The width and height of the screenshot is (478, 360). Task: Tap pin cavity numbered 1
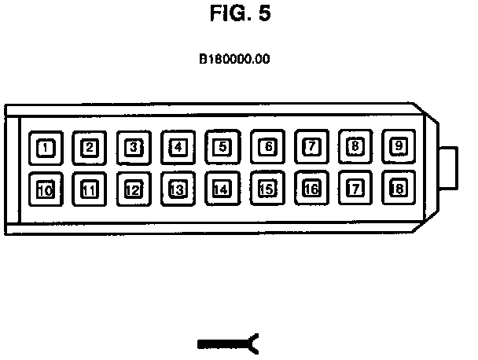coord(46,147)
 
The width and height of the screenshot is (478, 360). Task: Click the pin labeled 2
coord(90,146)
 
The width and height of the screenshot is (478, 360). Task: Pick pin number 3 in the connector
coord(134,146)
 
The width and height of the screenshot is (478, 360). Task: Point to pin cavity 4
coord(178,146)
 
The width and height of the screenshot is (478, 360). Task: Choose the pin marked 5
coord(222,146)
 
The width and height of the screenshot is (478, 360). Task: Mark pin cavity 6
coord(267,146)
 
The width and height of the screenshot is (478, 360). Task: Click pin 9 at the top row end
coord(399,145)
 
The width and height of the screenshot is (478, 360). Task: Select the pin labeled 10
coord(46,189)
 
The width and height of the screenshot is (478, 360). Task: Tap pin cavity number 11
coord(90,189)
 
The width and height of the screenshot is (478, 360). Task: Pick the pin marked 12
coord(134,189)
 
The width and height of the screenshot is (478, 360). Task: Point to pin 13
coord(178,189)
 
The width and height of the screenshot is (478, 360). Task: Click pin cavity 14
coord(222,189)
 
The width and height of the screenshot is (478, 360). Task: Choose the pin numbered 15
coord(267,189)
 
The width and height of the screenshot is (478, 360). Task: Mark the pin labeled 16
coord(311,189)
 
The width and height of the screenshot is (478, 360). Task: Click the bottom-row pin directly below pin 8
coord(355,189)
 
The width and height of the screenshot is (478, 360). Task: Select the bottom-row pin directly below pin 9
coord(399,189)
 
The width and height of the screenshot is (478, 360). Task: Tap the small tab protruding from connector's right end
coord(449,167)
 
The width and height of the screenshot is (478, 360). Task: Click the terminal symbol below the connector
coord(229,343)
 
